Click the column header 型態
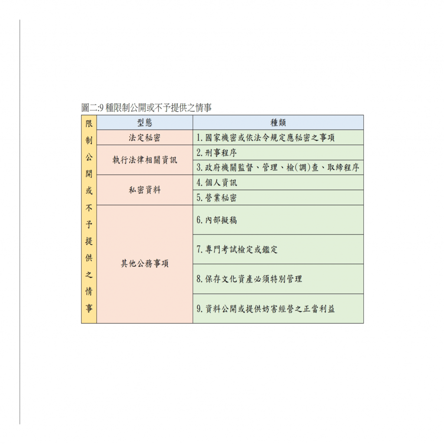point(145,123)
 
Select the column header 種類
point(278,123)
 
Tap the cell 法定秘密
point(145,137)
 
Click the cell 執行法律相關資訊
point(145,160)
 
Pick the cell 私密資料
point(145,190)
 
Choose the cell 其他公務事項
point(145,264)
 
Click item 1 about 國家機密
point(266,137)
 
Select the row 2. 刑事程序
point(217,153)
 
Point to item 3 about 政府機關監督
point(278,168)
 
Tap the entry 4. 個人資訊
point(217,183)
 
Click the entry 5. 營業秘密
point(217,198)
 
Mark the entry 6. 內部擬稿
point(217,220)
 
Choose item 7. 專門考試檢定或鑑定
point(237,249)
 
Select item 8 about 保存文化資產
point(249,279)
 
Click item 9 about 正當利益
point(266,309)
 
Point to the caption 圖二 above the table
point(147,108)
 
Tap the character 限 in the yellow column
point(89,124)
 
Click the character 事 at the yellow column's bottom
point(89,308)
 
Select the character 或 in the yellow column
point(89,191)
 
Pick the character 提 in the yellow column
point(89,241)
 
